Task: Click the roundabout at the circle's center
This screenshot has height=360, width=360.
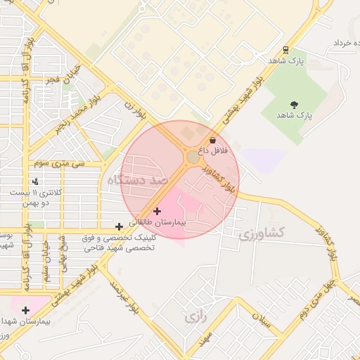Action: (193, 157)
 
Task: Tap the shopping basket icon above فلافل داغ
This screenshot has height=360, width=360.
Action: (212, 141)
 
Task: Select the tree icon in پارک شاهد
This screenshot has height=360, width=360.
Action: (294, 105)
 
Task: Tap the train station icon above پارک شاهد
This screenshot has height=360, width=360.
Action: (285, 50)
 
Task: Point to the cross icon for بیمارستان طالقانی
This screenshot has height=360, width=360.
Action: (157, 211)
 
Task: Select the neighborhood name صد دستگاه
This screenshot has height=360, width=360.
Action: (139, 181)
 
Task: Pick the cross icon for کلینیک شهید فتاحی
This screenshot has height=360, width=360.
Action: (119, 226)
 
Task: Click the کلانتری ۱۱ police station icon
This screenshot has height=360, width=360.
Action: (35, 181)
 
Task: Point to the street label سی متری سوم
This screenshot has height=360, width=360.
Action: (63, 164)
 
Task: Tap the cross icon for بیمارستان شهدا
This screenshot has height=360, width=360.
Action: (26, 310)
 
